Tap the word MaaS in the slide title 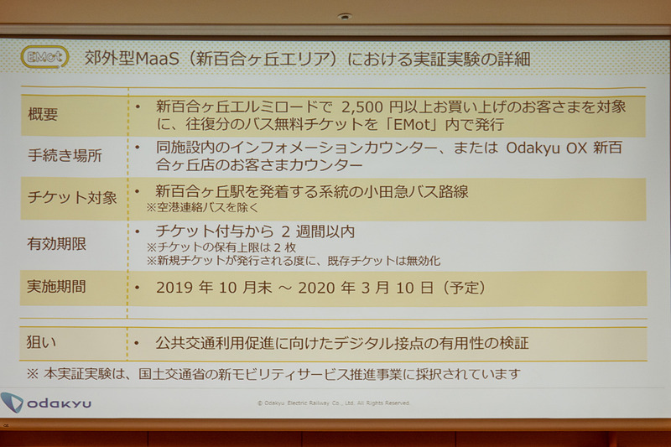[x=155, y=60]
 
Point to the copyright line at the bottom [x=334, y=403]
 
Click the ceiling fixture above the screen [x=344, y=16]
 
